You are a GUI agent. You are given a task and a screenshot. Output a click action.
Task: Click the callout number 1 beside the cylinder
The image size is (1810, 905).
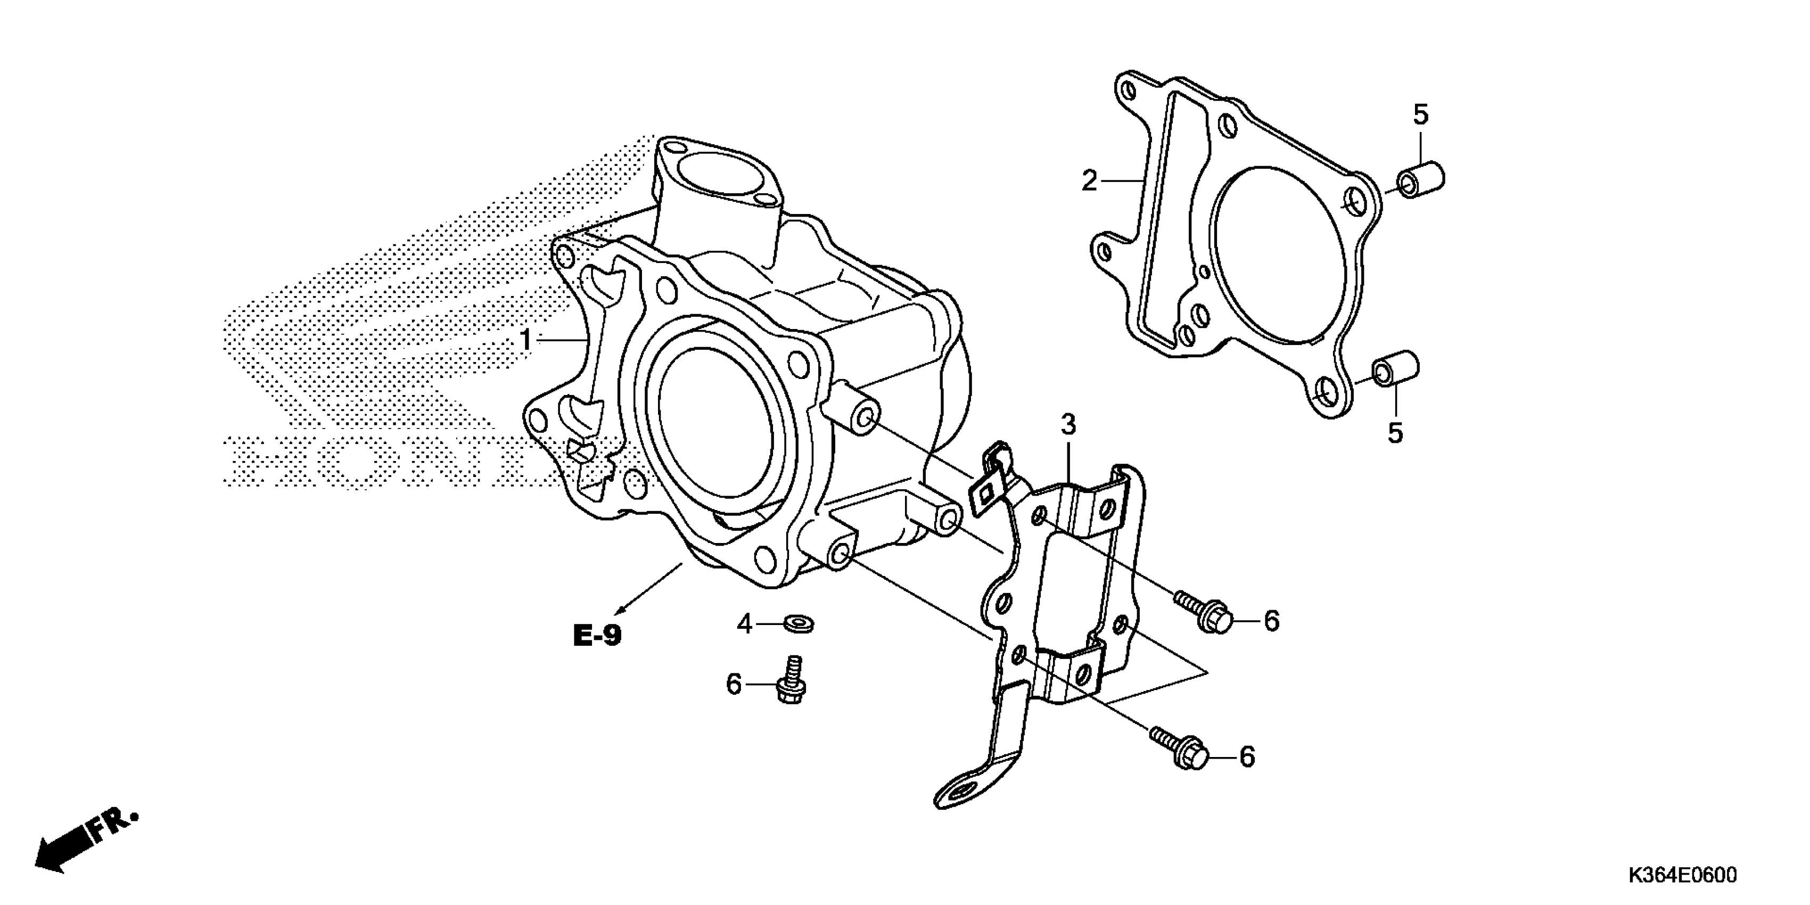(x=525, y=340)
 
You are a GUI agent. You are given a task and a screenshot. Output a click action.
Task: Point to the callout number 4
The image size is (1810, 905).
(x=745, y=623)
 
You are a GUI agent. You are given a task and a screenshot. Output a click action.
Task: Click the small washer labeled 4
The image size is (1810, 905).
(x=798, y=622)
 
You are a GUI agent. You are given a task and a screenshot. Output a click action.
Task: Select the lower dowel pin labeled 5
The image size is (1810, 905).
(x=1395, y=368)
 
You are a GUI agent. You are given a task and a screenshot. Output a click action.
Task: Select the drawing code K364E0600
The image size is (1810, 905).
(x=1681, y=874)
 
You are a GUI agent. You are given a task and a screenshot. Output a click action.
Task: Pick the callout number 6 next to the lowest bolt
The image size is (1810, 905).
(x=1246, y=757)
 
